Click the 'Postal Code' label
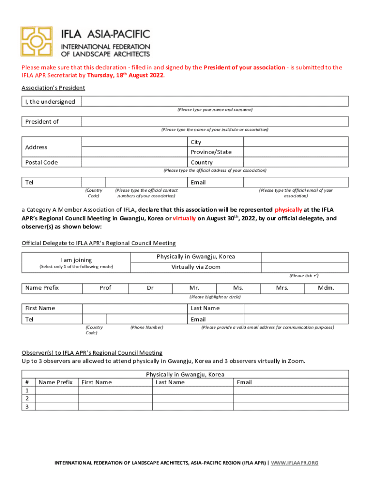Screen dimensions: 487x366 pos(41,162)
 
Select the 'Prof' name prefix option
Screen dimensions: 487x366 pos(106,288)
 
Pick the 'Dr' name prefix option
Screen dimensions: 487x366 pos(150,288)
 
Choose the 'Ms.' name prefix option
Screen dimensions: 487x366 pos(238,288)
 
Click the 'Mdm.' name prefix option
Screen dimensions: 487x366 pos(326,288)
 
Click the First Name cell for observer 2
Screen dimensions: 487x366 pos(115,399)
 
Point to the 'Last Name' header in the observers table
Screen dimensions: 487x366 pos(170,382)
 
